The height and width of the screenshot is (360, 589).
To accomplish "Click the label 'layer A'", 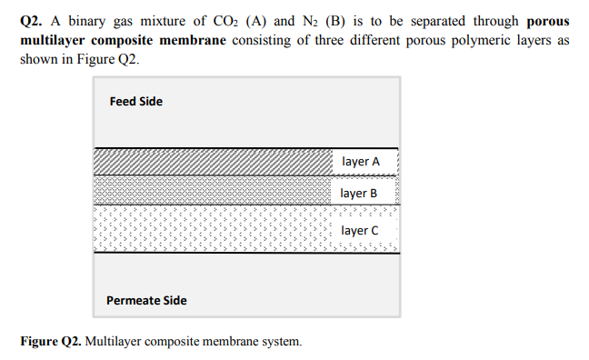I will (x=361, y=162).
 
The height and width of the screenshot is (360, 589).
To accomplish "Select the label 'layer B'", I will (x=359, y=193).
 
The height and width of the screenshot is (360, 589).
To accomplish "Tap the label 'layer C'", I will (x=360, y=230).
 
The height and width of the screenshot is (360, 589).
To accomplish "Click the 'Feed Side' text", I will (x=136, y=101).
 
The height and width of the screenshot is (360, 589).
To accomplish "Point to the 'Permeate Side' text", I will (x=146, y=300).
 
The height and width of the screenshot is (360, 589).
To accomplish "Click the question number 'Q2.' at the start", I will (x=32, y=21).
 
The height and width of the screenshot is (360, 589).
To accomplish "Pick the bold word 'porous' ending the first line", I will (x=548, y=21).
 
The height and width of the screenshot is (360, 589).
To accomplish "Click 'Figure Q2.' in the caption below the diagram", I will (x=51, y=342).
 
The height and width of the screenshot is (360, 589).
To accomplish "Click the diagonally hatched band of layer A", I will (x=209, y=162).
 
